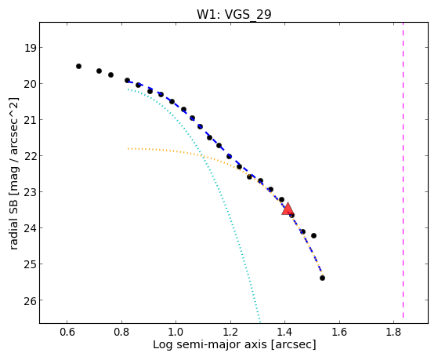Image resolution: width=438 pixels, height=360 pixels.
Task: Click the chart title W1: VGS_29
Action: (234, 14)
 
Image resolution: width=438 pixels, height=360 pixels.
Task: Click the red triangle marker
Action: (288, 209)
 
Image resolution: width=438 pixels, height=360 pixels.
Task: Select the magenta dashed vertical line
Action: (403, 170)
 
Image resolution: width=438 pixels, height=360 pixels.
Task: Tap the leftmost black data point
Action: (79, 67)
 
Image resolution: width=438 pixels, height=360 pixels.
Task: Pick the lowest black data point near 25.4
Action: (322, 278)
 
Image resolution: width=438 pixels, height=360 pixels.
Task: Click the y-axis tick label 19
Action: (30, 48)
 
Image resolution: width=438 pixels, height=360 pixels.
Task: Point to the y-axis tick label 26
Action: (30, 300)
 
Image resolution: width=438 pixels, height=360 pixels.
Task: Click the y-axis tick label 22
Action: (30, 156)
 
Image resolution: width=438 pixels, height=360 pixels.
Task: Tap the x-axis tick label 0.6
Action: (67, 332)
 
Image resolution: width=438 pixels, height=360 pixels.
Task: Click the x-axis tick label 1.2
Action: (230, 332)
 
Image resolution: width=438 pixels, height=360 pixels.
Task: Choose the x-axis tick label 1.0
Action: (176, 332)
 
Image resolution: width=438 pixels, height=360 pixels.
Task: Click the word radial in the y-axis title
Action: (13, 235)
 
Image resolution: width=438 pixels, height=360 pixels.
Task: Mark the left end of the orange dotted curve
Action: (128, 149)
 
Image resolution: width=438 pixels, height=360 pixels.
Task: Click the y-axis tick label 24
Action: (30, 228)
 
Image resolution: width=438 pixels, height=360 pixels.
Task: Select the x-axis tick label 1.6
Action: (339, 332)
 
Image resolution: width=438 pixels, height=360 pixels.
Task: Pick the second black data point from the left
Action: (99, 71)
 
